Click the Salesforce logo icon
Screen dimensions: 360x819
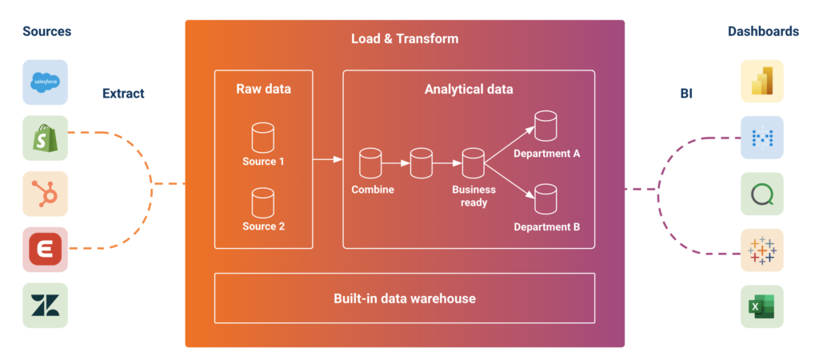[x=45, y=82]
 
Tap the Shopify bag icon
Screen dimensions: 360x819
[x=45, y=138]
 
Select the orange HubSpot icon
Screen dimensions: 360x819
[x=45, y=194]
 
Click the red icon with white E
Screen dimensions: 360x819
[x=45, y=249]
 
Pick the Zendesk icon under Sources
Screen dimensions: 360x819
[x=45, y=305]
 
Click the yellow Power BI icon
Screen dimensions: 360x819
[x=761, y=82]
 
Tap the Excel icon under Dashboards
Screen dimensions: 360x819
[x=761, y=305]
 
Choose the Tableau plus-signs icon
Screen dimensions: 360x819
[x=761, y=250]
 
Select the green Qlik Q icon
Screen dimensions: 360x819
[x=761, y=194]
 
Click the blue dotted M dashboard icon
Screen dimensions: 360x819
[x=761, y=138]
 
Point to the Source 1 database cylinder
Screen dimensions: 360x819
[x=263, y=138]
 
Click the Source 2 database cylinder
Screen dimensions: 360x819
[x=263, y=202]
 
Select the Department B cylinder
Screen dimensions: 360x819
[x=545, y=198]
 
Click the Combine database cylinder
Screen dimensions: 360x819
[x=370, y=164]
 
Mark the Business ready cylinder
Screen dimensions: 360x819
[x=473, y=164]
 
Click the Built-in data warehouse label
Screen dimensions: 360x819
[x=404, y=298]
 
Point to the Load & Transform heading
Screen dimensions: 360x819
[x=405, y=38]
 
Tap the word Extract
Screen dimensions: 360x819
[x=123, y=94]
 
